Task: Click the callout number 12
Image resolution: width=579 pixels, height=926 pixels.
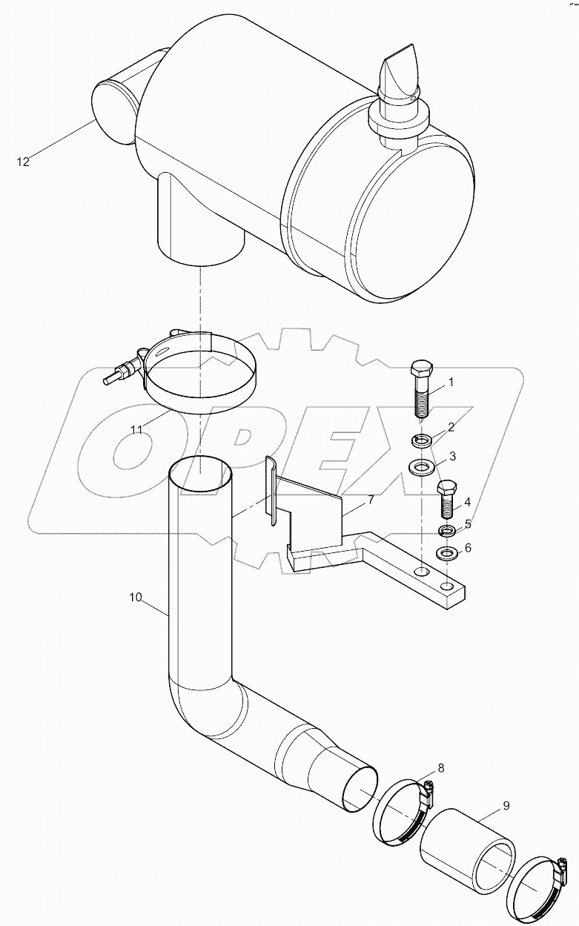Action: pos(24,162)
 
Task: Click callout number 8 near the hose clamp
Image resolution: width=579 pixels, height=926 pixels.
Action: pos(440,767)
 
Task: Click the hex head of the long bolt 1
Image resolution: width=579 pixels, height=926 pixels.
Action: pos(420,368)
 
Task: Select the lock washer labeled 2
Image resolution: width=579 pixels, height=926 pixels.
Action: pos(422,441)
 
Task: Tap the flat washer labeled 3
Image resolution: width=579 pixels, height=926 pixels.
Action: pos(423,468)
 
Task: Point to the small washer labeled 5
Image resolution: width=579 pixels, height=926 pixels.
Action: pos(446,531)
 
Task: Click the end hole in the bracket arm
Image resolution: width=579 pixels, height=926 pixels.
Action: pos(447,586)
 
